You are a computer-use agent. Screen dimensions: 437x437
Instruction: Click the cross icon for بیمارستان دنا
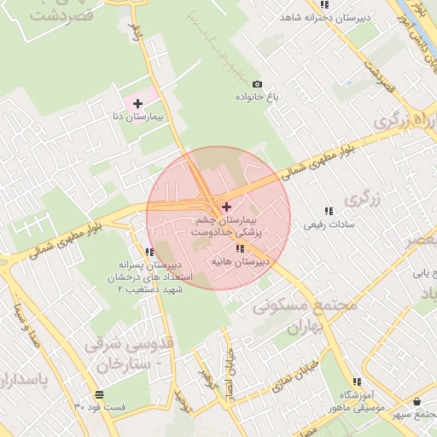pyautogui.click(x=137, y=103)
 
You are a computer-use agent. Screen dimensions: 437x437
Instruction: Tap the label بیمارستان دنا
pyautogui.click(x=137, y=115)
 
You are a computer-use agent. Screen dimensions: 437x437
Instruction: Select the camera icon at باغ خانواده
pyautogui.click(x=258, y=84)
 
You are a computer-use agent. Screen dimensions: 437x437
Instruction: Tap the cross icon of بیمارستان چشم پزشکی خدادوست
pyautogui.click(x=225, y=207)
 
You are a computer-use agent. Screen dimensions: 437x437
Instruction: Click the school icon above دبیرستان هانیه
pyautogui.click(x=238, y=248)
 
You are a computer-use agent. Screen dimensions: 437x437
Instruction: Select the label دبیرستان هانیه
pyautogui.click(x=240, y=261)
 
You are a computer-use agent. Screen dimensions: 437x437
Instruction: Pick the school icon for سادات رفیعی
pyautogui.click(x=328, y=211)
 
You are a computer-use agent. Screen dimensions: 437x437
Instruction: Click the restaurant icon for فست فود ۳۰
pyautogui.click(x=100, y=394)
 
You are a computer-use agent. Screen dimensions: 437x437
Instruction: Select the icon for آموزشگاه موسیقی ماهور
pyautogui.click(x=357, y=382)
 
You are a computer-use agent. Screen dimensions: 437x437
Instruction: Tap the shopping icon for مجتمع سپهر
pyautogui.click(x=417, y=401)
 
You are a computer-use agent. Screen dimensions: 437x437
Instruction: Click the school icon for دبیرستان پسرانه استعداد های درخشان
pyautogui.click(x=150, y=252)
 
